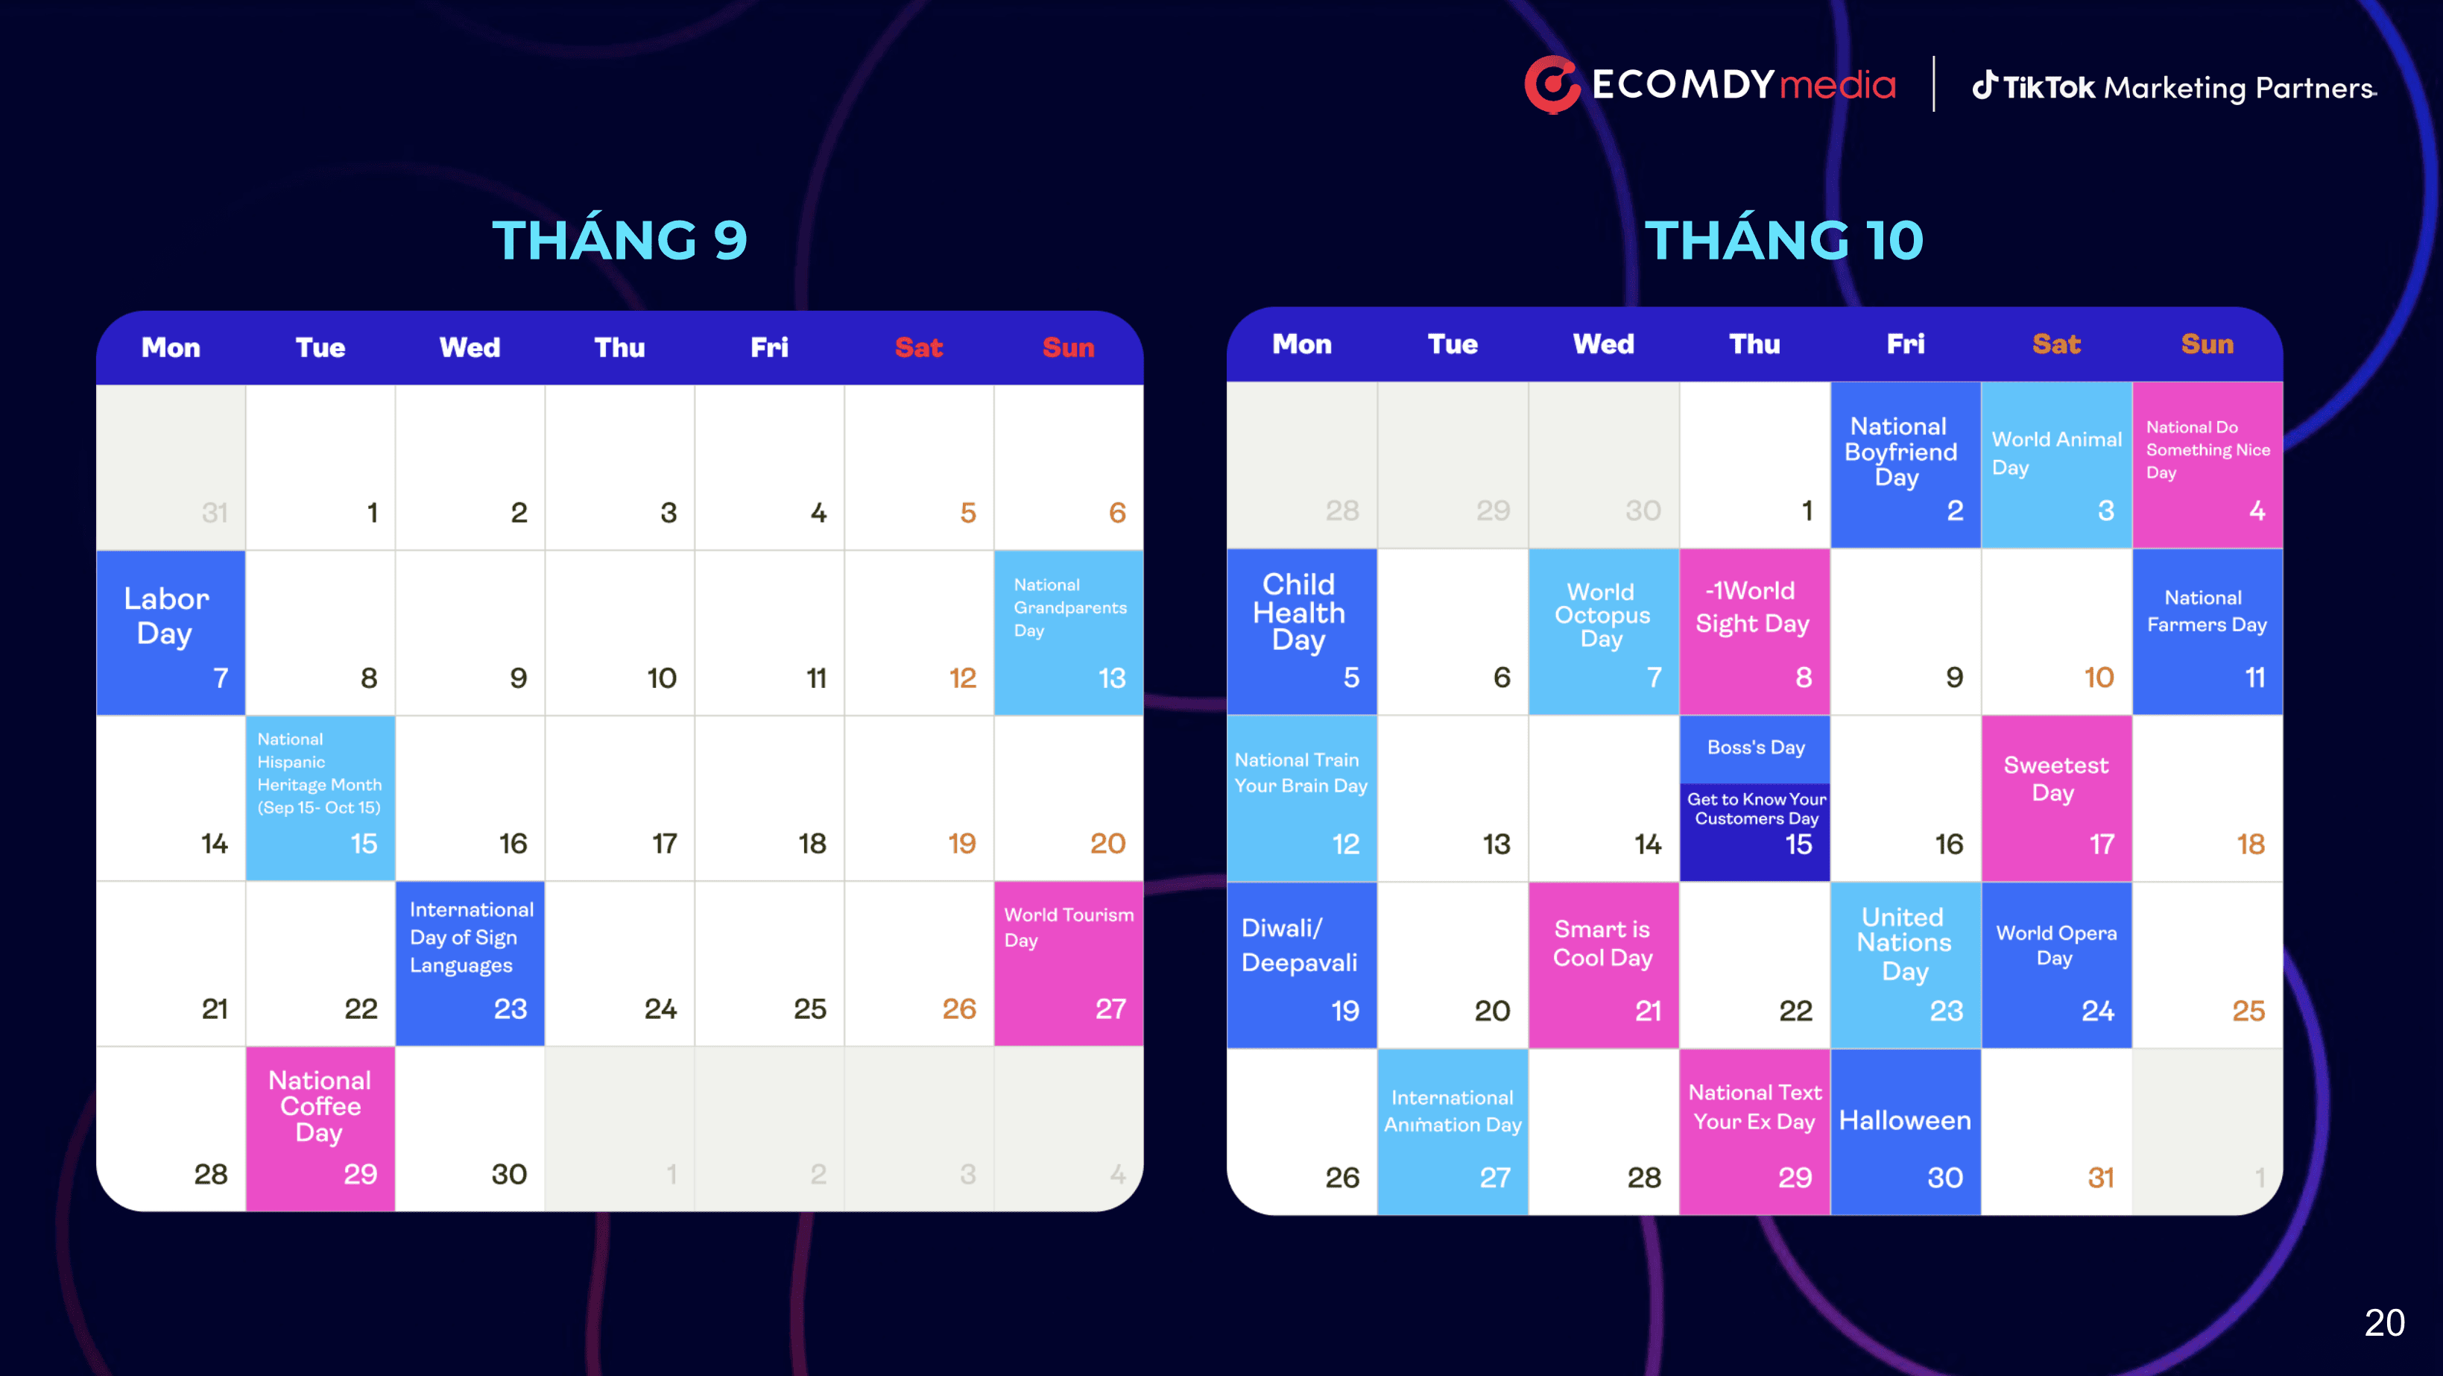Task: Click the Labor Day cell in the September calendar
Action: pos(171,631)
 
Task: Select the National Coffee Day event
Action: pos(320,1128)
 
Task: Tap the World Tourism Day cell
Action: pos(1068,962)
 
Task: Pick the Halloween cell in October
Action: pos(1904,1130)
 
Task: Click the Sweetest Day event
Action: pos(2055,797)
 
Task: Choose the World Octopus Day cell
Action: pos(1603,631)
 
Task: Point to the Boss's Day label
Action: pos(1754,748)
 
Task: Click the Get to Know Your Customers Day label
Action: pos(1754,809)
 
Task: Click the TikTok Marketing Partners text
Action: pos(2175,87)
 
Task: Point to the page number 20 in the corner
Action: pos(2383,1322)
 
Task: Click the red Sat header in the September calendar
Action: pos(918,347)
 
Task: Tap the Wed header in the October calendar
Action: pos(1603,344)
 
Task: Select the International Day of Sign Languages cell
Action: pos(470,962)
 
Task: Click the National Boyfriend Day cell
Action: pos(1904,464)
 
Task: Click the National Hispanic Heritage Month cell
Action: pos(320,797)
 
